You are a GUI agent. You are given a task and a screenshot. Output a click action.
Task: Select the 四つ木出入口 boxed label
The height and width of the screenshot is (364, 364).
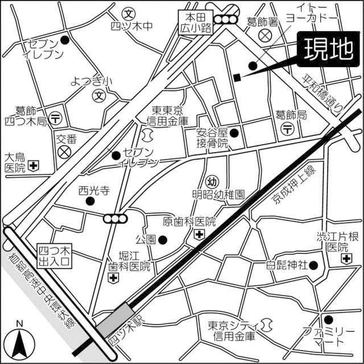click(54, 256)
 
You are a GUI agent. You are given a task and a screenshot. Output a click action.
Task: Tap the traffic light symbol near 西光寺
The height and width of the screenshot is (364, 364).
click(114, 218)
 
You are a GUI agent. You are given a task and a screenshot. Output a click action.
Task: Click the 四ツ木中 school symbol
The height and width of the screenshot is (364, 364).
click(130, 13)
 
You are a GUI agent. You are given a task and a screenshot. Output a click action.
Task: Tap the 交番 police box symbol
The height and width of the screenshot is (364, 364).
click(65, 152)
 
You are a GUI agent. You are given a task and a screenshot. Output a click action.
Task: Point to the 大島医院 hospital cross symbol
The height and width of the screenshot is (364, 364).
click(34, 167)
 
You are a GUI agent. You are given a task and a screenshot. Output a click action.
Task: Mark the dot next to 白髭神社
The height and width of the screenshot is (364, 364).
click(316, 265)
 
